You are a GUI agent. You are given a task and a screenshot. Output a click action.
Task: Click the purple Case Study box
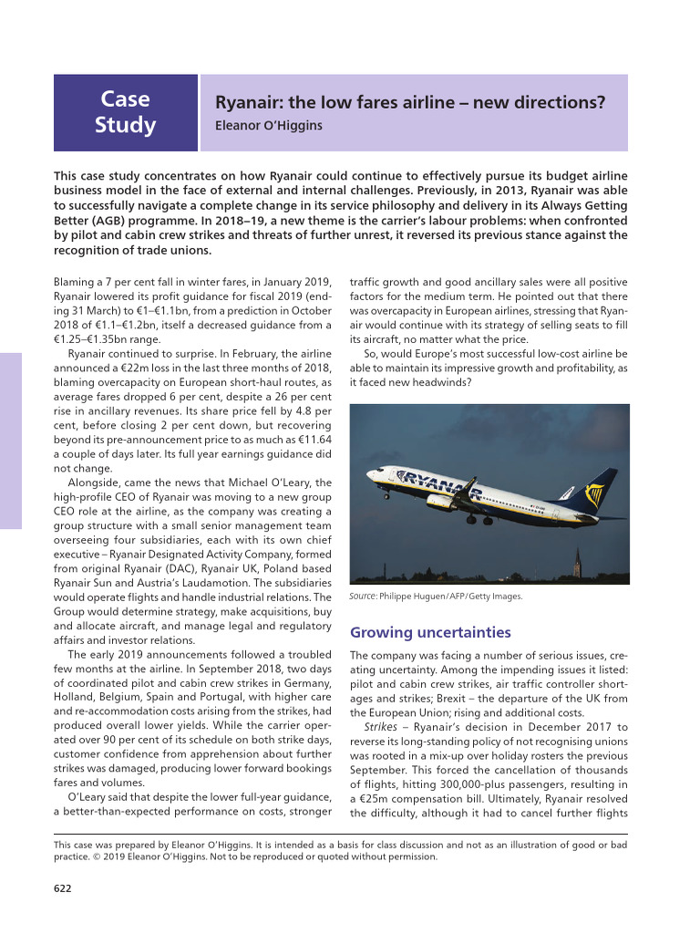[125, 112]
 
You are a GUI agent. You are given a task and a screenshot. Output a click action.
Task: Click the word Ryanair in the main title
[245, 103]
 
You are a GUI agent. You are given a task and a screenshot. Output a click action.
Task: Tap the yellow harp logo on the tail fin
[594, 494]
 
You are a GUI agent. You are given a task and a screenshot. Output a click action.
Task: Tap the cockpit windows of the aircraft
[375, 472]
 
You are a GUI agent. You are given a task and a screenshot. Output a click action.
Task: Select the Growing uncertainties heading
[430, 632]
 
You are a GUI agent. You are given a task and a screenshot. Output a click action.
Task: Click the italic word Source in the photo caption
[363, 597]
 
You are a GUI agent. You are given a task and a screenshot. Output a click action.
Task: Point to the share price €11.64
[311, 439]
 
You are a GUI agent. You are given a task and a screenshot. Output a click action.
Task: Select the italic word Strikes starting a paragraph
[380, 727]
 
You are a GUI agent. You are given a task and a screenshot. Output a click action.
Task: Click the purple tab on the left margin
[10, 441]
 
